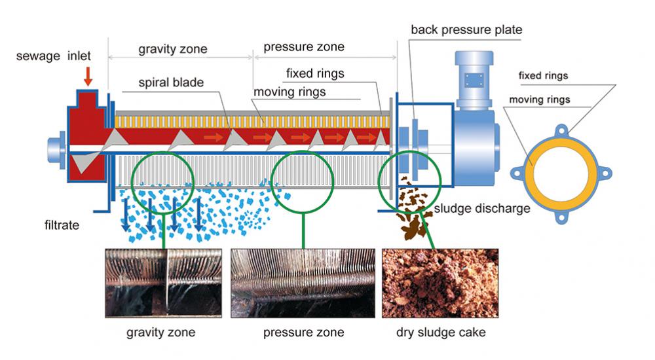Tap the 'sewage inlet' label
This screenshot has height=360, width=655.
coord(54,56)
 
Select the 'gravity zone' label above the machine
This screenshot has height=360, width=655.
coord(172,49)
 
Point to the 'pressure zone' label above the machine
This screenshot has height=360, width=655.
coord(303,47)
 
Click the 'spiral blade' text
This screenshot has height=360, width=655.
coord(171,83)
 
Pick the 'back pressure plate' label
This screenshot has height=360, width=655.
coord(466,29)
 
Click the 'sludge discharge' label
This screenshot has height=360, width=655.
coord(482,209)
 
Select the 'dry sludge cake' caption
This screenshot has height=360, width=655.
coord(441,333)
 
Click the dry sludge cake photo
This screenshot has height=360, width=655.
coord(440,283)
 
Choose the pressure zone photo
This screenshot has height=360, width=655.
coord(303,283)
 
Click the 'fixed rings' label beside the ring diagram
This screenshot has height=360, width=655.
coord(543,76)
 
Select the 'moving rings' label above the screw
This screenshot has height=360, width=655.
coord(290,92)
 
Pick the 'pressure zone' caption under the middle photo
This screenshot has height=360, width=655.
coord(303,333)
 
